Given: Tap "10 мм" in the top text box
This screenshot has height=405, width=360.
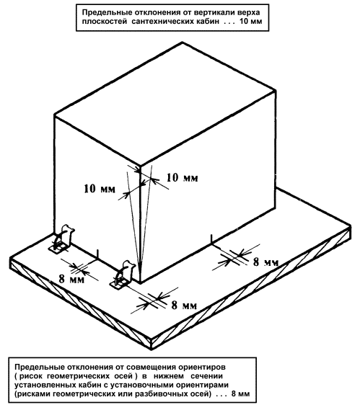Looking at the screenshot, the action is pos(250,21).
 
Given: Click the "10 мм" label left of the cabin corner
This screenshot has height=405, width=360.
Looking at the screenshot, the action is pos(100,189).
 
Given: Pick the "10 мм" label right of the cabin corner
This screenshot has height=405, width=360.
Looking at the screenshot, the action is pos(183,177).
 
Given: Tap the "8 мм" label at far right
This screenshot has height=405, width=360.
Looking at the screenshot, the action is pos(266,262).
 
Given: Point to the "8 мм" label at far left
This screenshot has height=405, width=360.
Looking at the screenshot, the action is pos(71,279).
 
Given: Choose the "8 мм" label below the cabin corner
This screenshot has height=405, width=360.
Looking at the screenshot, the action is pos(184,306).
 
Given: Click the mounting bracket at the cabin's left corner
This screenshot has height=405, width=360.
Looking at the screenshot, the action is pos(62,239).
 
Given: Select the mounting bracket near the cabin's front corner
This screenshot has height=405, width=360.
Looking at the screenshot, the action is pos(123,275).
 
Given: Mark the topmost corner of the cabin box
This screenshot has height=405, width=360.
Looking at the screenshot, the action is pos(183,42).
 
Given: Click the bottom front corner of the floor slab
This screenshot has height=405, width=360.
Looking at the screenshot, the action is pos(152,350).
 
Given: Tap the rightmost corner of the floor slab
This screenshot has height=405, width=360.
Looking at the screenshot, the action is pos(351,227).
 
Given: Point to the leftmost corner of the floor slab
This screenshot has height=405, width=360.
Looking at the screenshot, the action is pos(10,258).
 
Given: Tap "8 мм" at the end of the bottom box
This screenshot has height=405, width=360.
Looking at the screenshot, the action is pos(240,394).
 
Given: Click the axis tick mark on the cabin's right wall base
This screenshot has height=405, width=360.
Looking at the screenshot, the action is pos(212,239).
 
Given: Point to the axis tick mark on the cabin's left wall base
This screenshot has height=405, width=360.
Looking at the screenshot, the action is pos(97,254).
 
